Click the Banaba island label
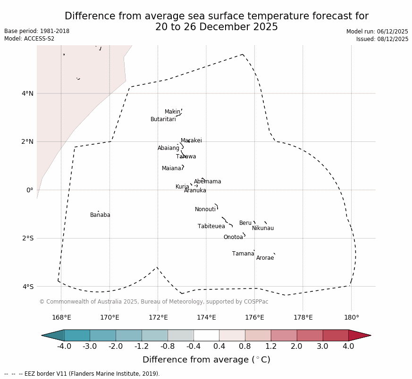tap(100, 215)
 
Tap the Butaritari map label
tap(163, 120)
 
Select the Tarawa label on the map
tap(186, 157)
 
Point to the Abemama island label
tap(207, 182)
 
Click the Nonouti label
tap(205, 210)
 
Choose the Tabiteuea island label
tap(211, 227)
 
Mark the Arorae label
tap(265, 258)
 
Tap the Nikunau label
tap(263, 229)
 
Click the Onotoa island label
tap(233, 238)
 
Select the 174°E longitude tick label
tap(206, 318)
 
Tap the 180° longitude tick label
tap(351, 318)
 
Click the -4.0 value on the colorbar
tap(64, 347)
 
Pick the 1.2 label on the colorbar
tap(271, 347)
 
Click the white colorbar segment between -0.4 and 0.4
tap(206, 335)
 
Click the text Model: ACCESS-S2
tap(29, 39)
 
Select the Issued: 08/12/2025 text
tap(382, 39)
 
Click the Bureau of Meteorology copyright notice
tap(153, 302)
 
